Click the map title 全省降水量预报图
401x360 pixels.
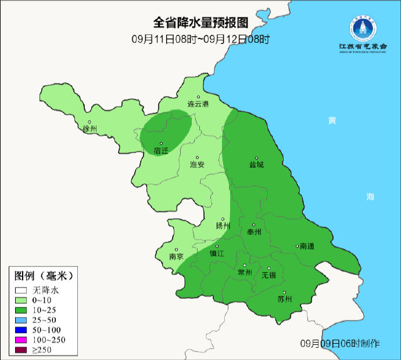pos(201,23)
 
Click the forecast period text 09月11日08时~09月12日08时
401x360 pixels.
pos(201,40)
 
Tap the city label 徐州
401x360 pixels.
pos(90,129)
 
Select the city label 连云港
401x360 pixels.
pos(198,104)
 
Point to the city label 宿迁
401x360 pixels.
pos(161,151)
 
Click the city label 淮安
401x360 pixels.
pos(198,165)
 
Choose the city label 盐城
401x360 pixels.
pos(256,165)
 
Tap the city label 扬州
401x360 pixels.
pos(223,226)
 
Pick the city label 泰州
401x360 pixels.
pos(255,231)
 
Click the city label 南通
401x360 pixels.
pos(306,247)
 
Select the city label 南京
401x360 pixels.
pos(176,256)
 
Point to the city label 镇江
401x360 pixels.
pos(217,254)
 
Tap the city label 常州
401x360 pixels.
pos(245,272)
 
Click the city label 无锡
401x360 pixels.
pos(268,274)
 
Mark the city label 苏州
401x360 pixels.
pos(285,300)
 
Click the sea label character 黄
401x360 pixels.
pos(331,120)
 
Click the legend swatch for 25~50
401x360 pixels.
pos(22,320)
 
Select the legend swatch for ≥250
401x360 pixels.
pos(22,350)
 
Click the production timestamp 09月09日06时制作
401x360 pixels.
pos(341,343)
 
